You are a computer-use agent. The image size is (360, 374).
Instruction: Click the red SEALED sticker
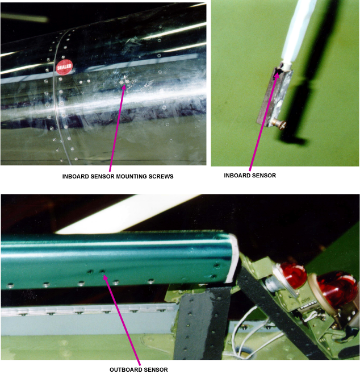point(64,67)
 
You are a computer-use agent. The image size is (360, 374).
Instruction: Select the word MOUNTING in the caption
point(131,177)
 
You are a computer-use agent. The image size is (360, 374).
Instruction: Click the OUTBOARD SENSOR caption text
point(139,369)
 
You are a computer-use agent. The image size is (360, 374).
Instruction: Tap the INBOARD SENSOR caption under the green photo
point(250,176)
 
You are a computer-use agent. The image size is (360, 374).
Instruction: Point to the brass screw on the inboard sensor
point(280,124)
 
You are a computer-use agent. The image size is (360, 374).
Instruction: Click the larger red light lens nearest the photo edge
point(336,288)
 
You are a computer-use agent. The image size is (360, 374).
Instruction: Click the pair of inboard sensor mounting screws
point(124,82)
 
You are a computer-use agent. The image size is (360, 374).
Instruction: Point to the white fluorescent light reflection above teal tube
point(126,214)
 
